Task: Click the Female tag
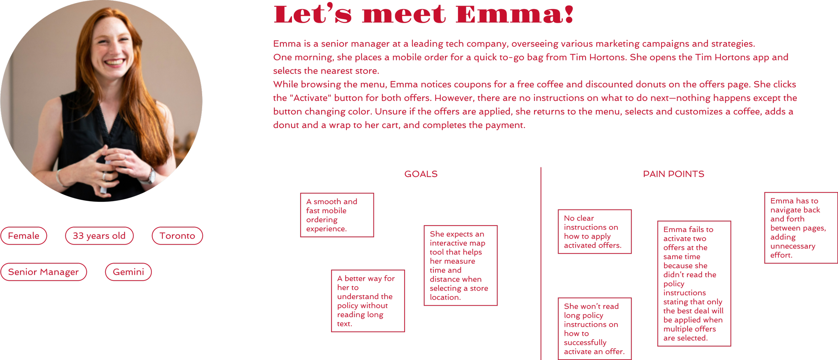23,236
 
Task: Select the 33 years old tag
99,236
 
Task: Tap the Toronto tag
177,236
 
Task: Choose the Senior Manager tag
44,272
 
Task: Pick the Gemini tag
128,272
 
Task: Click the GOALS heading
421,174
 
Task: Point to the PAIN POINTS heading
673,174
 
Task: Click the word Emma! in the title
515,15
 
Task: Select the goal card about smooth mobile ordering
337,215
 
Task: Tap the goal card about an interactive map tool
461,265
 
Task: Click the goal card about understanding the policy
368,301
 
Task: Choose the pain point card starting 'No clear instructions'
595,232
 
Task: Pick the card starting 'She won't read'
595,328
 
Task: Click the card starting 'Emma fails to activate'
694,284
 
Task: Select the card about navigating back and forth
800,228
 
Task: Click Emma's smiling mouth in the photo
114,62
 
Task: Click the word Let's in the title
312,15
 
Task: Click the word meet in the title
404,15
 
